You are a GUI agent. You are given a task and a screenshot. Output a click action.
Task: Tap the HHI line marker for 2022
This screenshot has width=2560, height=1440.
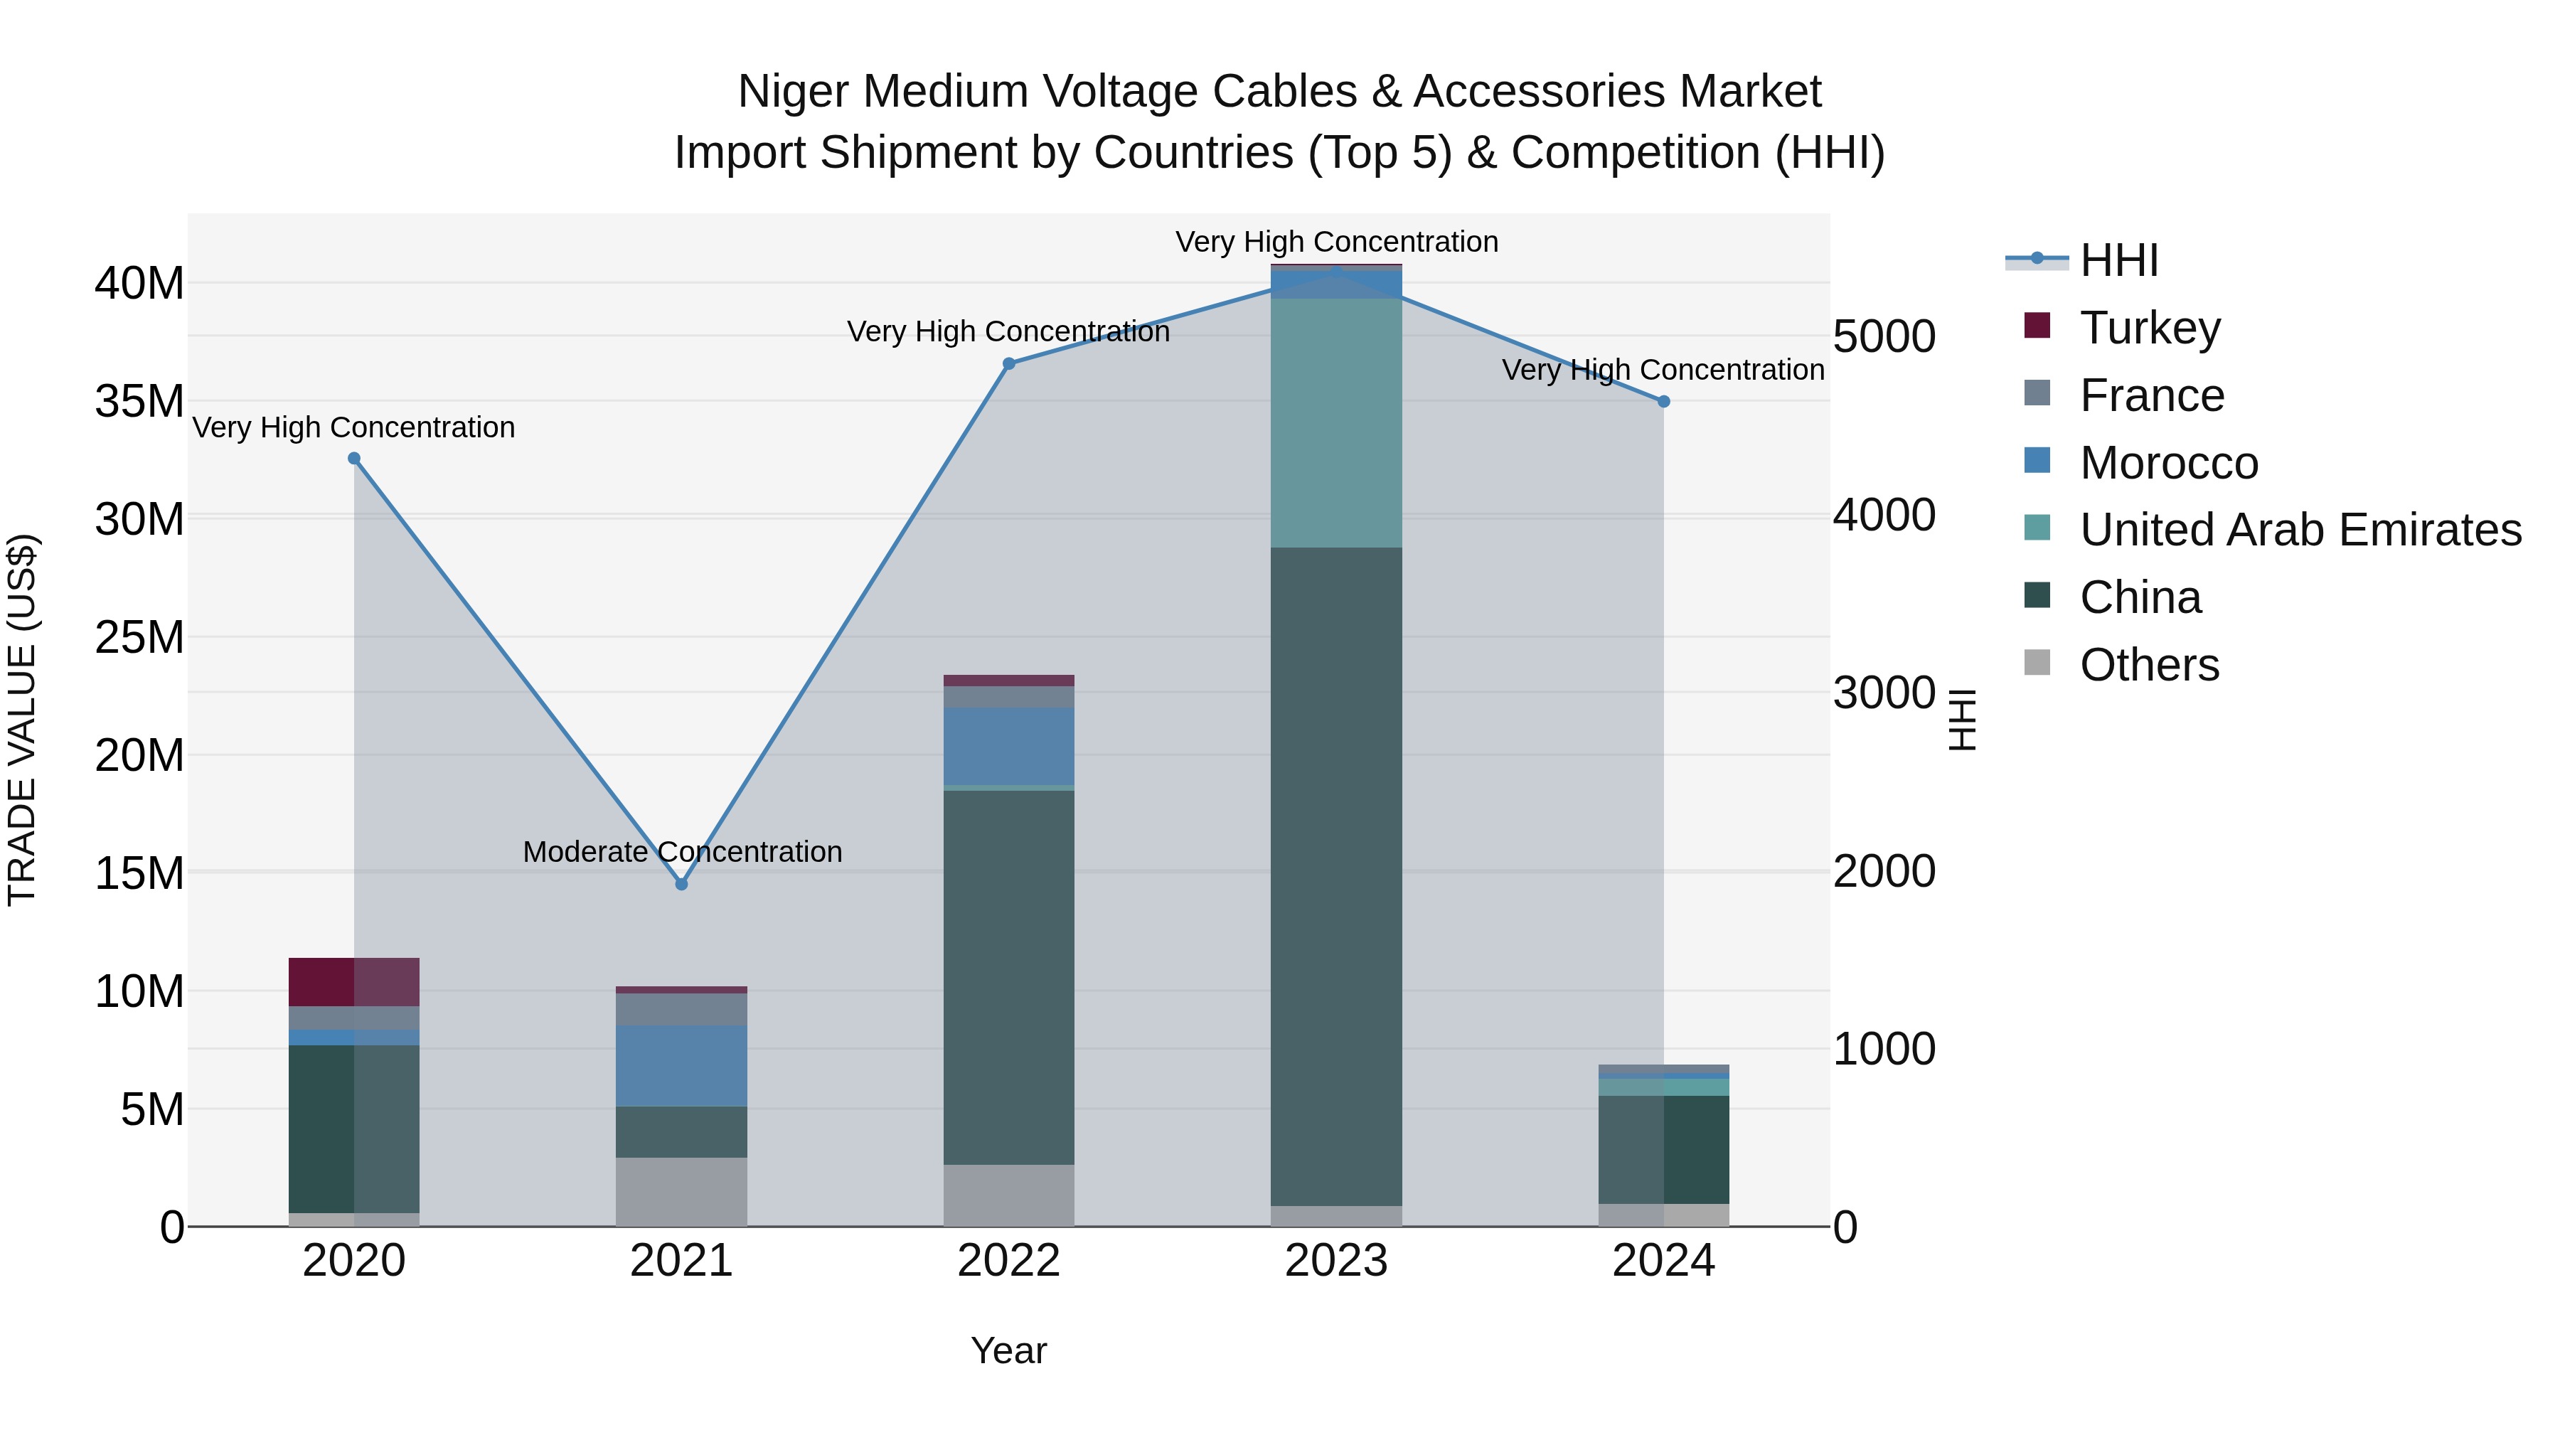[x=1008, y=363]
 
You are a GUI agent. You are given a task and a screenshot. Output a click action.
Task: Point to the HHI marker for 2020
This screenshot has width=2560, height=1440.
[x=354, y=458]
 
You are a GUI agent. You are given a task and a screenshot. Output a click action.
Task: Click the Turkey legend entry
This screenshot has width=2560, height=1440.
[x=2148, y=327]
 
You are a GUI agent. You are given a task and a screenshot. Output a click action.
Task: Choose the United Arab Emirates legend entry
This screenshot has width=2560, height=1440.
[x=2300, y=530]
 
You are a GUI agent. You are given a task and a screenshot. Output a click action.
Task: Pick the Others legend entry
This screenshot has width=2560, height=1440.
[x=2148, y=665]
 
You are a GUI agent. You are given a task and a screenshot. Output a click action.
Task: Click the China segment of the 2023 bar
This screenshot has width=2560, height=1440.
[x=1337, y=875]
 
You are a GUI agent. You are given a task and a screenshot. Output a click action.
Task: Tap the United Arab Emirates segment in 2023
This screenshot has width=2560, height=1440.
[x=1337, y=422]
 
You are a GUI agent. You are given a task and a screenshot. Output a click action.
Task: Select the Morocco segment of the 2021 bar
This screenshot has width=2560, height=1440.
[x=682, y=1065]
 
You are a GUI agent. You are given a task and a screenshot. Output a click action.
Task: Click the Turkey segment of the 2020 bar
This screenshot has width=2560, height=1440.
[x=354, y=982]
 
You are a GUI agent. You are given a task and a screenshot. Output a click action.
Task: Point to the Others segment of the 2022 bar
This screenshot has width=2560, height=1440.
[x=1008, y=1195]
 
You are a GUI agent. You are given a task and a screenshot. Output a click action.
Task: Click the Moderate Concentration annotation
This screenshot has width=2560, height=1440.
[x=682, y=852]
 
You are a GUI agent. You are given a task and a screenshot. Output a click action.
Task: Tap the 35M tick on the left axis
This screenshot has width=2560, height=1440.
[x=139, y=402]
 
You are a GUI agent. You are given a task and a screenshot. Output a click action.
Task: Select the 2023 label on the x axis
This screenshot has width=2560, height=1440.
[x=1337, y=1261]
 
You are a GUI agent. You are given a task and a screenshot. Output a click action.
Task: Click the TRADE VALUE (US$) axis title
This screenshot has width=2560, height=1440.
[x=23, y=720]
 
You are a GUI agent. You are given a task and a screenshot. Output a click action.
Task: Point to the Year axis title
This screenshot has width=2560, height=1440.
[x=1008, y=1350]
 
